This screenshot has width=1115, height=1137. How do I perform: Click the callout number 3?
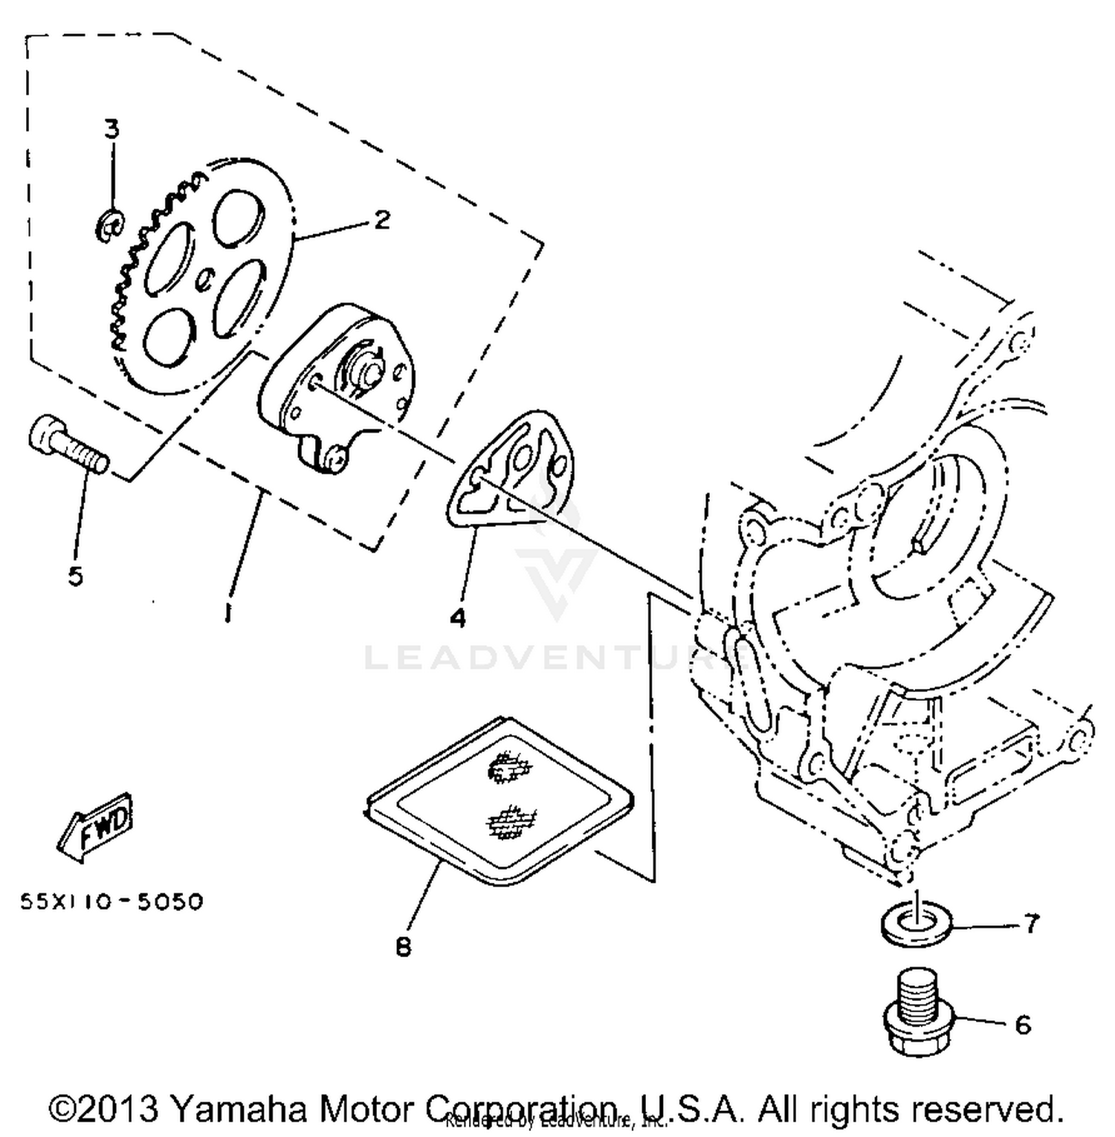click(111, 129)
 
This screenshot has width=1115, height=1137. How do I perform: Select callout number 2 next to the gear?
click(381, 219)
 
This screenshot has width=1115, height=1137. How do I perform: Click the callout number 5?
click(75, 575)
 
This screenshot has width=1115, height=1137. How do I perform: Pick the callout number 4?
click(458, 617)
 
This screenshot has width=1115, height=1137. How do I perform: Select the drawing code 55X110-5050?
click(111, 901)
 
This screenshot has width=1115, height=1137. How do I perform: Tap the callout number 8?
click(403, 947)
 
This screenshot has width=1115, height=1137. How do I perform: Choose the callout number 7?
click(1031, 924)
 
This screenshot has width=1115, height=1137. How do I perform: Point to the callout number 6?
click(1023, 1025)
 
